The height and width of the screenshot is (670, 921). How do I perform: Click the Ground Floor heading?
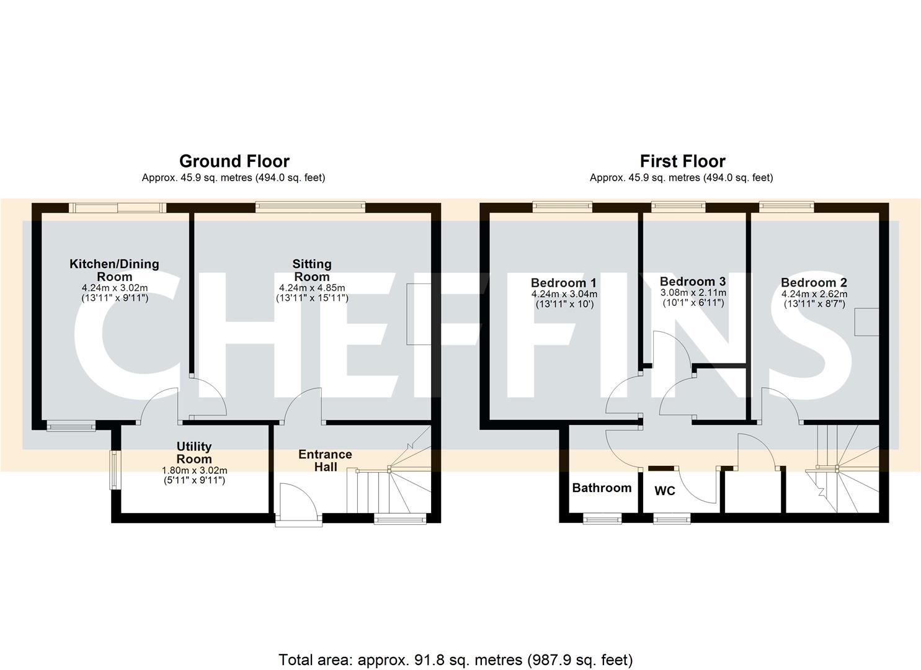[x=234, y=161]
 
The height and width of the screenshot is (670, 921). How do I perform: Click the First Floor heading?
[x=682, y=161]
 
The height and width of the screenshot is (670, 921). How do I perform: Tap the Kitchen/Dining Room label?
[x=114, y=270]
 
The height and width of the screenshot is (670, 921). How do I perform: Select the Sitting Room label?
[x=311, y=270]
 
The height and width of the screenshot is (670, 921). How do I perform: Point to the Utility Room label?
[x=194, y=452]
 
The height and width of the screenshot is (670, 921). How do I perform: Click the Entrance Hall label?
[x=325, y=460]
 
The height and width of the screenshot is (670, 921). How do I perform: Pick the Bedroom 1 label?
[x=564, y=283]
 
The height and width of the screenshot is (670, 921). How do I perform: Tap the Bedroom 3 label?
[x=693, y=282]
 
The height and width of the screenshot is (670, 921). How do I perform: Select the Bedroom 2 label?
[x=814, y=283]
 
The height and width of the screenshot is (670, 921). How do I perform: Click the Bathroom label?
[x=602, y=488]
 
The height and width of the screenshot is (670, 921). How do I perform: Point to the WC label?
[x=665, y=491]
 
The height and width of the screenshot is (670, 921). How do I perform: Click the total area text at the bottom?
[x=456, y=659]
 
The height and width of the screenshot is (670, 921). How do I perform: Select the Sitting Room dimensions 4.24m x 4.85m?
[x=312, y=288]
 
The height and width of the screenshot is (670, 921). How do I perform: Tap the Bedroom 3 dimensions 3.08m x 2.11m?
[x=693, y=293]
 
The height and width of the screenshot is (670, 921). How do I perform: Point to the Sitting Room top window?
[x=310, y=207]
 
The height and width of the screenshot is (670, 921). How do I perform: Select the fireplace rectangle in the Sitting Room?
[x=418, y=314]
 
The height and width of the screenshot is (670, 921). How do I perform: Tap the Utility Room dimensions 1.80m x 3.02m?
[x=194, y=470]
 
